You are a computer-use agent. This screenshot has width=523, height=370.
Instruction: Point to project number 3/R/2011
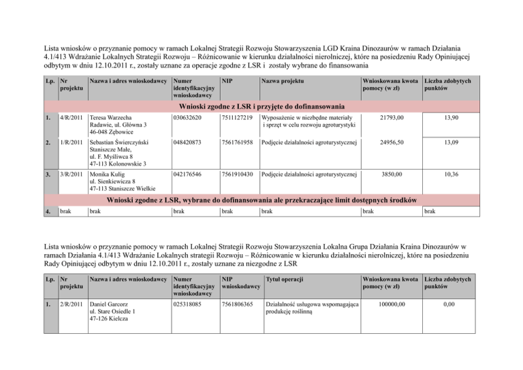click(72, 174)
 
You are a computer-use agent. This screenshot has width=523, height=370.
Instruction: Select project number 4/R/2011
click(72, 118)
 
